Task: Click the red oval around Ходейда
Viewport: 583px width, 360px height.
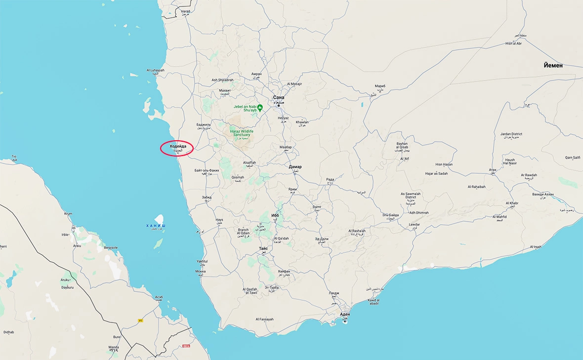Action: point(176,149)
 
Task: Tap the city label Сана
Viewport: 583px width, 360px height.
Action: point(278,98)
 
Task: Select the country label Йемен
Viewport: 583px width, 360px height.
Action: point(553,65)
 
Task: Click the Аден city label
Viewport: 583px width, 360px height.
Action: point(345,314)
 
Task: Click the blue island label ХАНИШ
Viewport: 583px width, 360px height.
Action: point(156,225)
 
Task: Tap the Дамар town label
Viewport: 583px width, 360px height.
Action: point(295,167)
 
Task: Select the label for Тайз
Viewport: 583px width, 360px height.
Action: point(263,248)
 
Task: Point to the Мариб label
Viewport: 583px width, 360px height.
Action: point(379,86)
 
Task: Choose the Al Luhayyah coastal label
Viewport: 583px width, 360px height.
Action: point(155,70)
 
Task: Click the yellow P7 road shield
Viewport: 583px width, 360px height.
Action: point(140,320)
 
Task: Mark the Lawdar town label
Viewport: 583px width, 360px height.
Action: point(414,225)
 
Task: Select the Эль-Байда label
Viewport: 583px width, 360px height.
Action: point(390,215)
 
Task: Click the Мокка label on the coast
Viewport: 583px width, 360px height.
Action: point(200,271)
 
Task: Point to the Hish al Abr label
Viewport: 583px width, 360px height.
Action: point(513,43)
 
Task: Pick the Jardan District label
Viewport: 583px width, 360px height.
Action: point(511,134)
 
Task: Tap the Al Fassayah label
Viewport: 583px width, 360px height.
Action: point(264,319)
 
